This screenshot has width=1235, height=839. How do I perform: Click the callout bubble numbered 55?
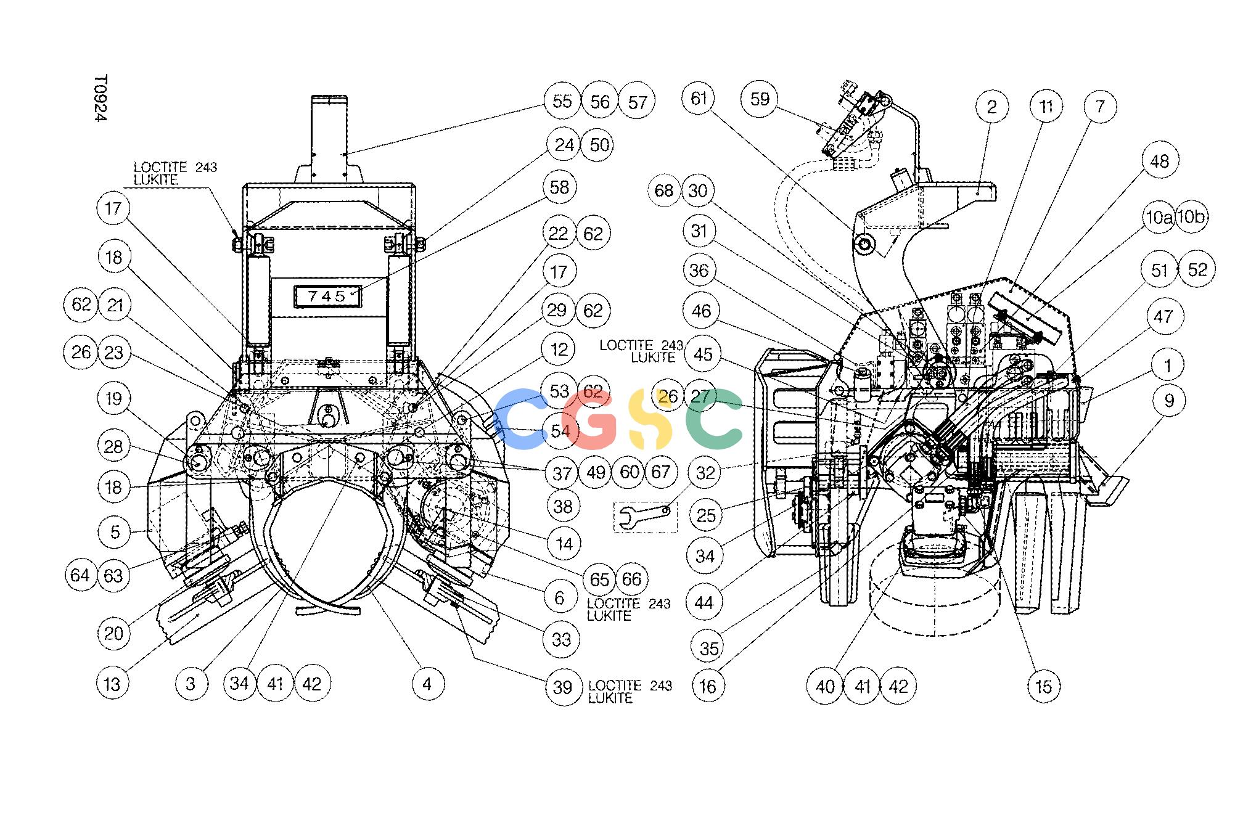(x=562, y=102)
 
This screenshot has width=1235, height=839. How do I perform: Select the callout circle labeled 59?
(x=760, y=99)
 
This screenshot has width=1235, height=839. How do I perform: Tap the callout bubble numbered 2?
(x=992, y=107)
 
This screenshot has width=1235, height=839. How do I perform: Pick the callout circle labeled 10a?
(x=1159, y=218)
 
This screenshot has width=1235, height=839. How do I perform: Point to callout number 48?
(x=1160, y=161)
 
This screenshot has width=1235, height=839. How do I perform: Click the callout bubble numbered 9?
(x=1170, y=401)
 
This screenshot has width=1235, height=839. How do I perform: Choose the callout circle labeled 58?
(x=559, y=187)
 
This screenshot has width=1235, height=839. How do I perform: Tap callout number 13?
(x=112, y=683)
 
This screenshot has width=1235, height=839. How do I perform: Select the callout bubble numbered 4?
(x=427, y=683)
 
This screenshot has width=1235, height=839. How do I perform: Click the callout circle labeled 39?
(x=562, y=687)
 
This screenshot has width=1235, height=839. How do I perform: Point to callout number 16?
(x=708, y=686)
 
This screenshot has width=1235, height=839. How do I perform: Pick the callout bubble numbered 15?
(x=1044, y=686)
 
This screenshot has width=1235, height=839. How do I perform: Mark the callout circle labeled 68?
(x=664, y=190)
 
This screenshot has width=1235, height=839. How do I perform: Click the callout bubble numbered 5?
(x=115, y=531)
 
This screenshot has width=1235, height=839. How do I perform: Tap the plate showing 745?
(x=327, y=297)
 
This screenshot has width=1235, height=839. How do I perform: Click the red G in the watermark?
(x=591, y=419)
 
